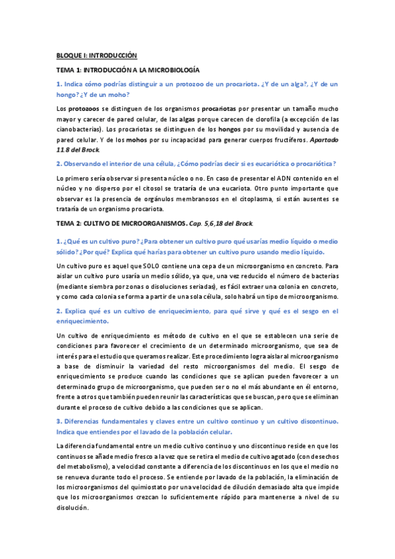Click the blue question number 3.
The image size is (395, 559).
59,421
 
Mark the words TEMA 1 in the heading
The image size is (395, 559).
69,70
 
